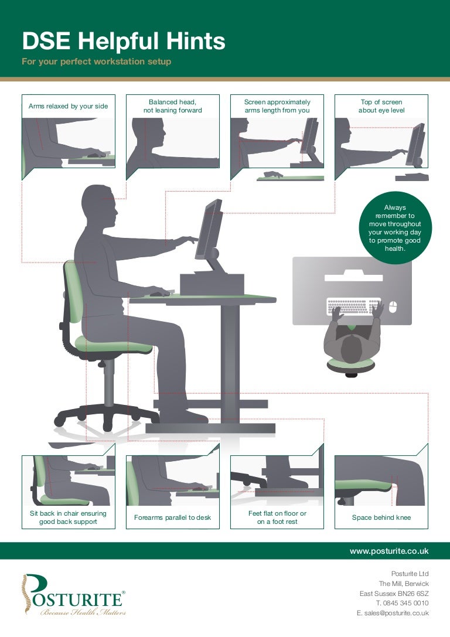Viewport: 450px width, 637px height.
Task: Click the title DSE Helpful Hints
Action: [x=124, y=42]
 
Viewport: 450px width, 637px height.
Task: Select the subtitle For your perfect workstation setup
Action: [x=97, y=62]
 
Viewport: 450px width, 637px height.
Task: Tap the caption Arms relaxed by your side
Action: [x=68, y=106]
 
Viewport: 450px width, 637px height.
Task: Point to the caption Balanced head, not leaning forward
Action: [x=173, y=106]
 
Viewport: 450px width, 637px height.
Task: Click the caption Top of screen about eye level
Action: [x=381, y=106]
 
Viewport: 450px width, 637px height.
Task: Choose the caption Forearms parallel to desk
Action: [x=173, y=517]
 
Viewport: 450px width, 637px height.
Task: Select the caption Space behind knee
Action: [x=381, y=517]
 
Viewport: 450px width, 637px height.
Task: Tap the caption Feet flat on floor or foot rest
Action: [x=277, y=517]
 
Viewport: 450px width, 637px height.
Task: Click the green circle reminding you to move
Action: [x=395, y=228]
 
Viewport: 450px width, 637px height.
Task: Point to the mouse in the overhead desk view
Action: [x=393, y=306]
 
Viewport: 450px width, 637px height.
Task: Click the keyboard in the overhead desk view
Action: [x=354, y=306]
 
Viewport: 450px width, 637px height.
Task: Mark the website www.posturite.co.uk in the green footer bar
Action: [x=389, y=551]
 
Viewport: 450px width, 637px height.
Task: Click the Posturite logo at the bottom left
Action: [x=73, y=594]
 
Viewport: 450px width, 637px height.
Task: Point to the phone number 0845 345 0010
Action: [x=405, y=603]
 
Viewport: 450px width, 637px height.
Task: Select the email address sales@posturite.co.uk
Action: [x=397, y=613]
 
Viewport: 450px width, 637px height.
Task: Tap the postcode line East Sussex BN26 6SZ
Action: [x=394, y=594]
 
